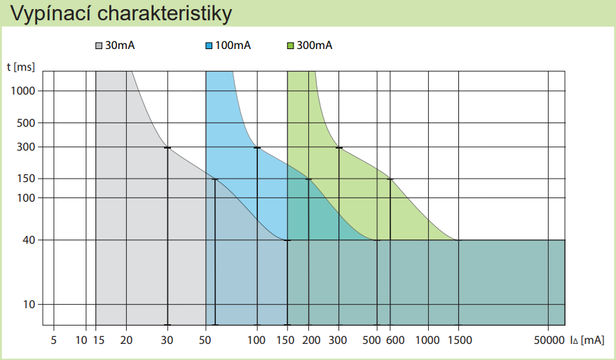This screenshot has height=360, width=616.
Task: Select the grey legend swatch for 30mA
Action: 99,46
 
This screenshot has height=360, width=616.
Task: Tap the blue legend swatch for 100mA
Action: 209,46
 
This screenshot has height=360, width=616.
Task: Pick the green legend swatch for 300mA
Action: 292,46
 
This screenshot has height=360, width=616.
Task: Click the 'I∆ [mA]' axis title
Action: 587,341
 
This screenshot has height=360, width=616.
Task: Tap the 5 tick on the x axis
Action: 54,341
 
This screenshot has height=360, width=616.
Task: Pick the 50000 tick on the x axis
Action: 549,341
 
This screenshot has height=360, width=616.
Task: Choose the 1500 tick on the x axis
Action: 459,341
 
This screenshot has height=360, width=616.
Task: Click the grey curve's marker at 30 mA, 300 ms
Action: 167,148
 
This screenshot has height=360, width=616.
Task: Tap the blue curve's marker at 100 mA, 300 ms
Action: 257,148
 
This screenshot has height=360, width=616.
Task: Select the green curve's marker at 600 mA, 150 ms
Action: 390,179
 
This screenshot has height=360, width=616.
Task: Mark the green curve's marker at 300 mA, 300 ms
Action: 339,148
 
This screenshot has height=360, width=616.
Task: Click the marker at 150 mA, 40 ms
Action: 287,240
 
